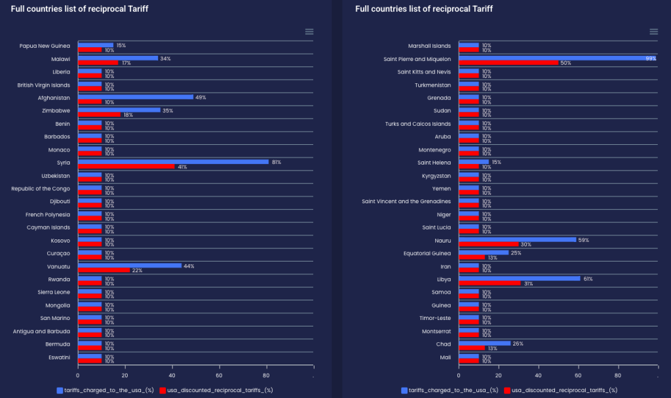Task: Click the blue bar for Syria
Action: click(x=173, y=161)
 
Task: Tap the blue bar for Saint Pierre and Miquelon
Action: click(x=557, y=58)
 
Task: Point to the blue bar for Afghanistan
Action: click(x=136, y=97)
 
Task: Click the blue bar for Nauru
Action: click(x=517, y=240)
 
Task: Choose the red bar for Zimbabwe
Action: click(x=99, y=115)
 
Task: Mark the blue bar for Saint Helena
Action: click(x=474, y=162)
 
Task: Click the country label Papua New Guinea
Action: click(x=45, y=46)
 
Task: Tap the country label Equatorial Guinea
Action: click(x=427, y=253)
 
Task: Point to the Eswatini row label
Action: click(x=57, y=357)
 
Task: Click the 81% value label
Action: click(x=277, y=161)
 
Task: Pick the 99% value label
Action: click(x=651, y=58)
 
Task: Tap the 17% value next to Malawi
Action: click(x=126, y=63)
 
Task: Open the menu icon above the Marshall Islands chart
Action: click(x=653, y=31)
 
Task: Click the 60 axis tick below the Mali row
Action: click(x=578, y=376)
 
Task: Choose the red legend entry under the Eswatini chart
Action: click(x=216, y=390)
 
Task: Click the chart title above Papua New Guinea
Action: click(x=55, y=9)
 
